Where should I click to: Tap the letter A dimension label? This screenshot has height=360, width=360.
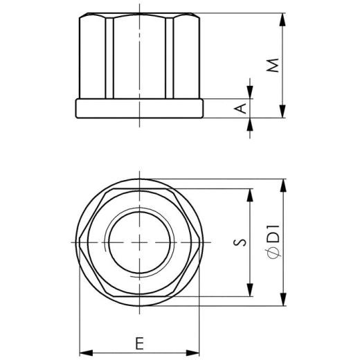click(241, 109)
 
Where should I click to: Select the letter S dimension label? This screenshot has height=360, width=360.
click(240, 242)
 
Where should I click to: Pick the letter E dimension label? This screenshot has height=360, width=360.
click(140, 342)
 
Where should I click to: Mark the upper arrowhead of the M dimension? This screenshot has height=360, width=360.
click(282, 17)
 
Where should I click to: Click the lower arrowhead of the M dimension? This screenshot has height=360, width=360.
click(282, 114)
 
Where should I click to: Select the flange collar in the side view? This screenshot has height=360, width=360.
click(138, 109)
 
